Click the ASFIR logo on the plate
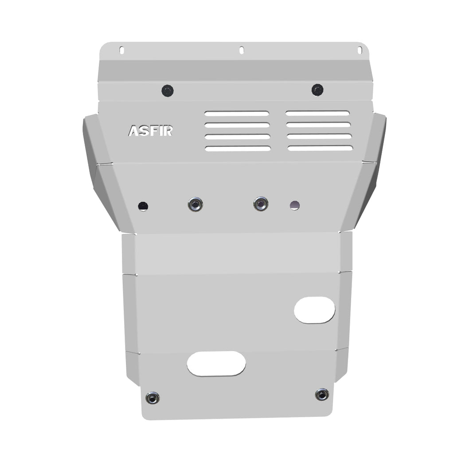point(150,131)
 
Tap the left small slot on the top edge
point(121,50)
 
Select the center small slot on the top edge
point(242,50)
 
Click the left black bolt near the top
point(167,91)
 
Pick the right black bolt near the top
point(317,90)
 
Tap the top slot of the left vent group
point(236,113)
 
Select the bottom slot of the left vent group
point(238,149)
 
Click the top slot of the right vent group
point(317,113)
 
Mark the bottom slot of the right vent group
point(320,148)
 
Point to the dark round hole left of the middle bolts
point(143,206)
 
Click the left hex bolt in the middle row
point(195,204)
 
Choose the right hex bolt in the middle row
point(261,204)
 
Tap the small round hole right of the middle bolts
point(295,205)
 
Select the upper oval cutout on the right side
point(314,310)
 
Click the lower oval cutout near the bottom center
point(216,364)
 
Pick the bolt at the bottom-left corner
point(153,398)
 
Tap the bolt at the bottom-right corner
point(322,394)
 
